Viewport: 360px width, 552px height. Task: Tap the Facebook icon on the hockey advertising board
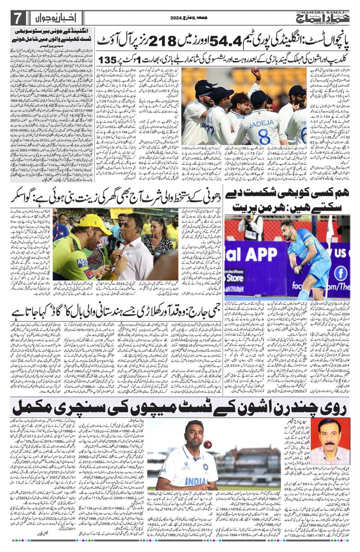pyautogui.click(x=340, y=272)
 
